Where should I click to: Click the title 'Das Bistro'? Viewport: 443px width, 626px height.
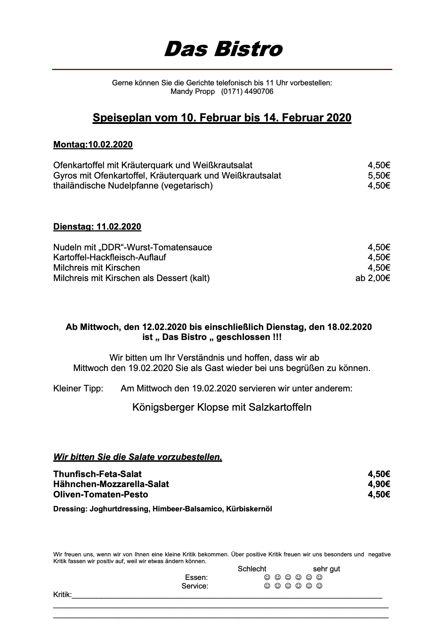pos(223,49)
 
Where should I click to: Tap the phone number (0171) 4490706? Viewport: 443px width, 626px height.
pos(247,91)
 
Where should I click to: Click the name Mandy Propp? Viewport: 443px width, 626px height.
pos(193,91)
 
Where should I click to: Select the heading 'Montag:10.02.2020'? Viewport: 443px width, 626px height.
pos(93,145)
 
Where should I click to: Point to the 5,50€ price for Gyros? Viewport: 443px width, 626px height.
pos(379,175)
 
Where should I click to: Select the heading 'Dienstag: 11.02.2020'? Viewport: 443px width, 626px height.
pos(97,227)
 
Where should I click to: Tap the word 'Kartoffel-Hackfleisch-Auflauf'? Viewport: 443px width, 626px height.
pos(110,257)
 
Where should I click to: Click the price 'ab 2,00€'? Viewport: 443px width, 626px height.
pos(372,278)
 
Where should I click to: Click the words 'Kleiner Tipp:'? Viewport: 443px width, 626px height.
pos(78,388)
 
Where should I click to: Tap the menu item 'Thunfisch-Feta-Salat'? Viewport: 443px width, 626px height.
pos(98,474)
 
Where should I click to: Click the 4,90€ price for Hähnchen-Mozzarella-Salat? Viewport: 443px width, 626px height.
pos(379,484)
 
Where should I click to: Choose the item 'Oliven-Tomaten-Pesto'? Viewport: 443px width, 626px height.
pos(100,494)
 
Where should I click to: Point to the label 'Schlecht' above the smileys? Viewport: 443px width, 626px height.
pos(252,569)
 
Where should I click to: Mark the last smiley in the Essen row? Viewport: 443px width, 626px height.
pos(320,577)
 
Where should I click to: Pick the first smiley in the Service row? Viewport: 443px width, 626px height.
pos(267,586)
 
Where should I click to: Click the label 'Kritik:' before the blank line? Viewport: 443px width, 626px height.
pos(63,595)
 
